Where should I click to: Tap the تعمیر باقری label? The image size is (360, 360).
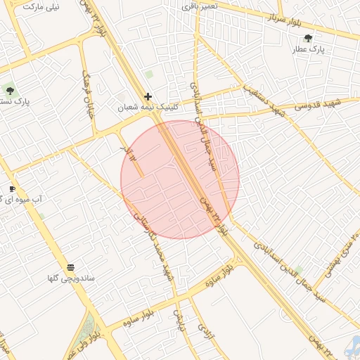[x=200, y=6]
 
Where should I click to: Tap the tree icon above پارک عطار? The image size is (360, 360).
[x=309, y=38]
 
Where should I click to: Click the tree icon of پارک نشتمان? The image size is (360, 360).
[x=9, y=89]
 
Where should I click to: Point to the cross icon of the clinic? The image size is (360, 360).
[x=148, y=96]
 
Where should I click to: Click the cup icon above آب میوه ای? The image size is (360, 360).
[x=12, y=188]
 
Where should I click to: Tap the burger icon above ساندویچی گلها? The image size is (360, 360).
[x=70, y=266]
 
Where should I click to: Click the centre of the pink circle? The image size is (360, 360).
[x=180, y=180]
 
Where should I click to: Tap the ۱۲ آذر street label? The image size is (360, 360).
[x=126, y=150]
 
